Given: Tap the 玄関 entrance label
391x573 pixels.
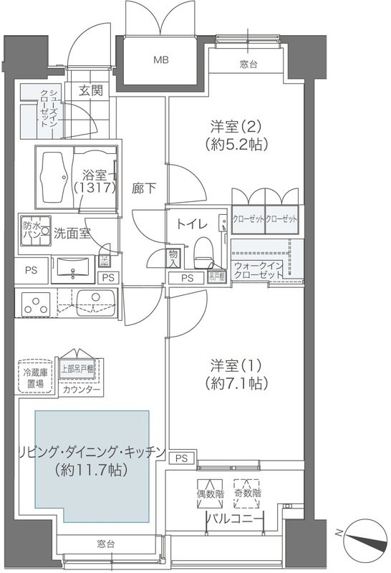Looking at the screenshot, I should click(x=90, y=90).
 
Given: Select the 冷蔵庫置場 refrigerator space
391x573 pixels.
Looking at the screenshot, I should click(x=33, y=378).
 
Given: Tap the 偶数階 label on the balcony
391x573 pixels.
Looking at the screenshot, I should click(x=210, y=493).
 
